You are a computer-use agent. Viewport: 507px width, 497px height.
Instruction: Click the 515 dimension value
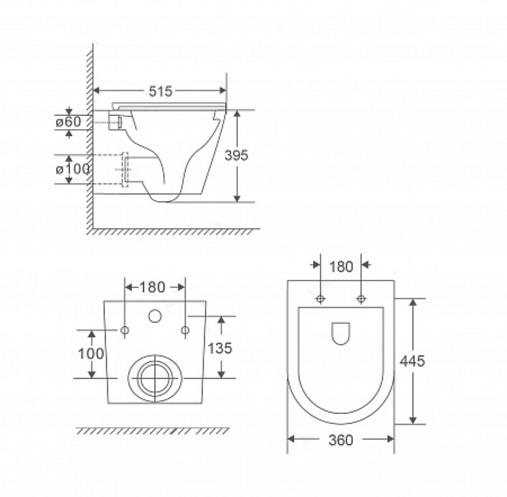pyautogui.click(x=161, y=91)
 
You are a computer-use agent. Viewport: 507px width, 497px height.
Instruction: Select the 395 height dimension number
pyautogui.click(x=236, y=155)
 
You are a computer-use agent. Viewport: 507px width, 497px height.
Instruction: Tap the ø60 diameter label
pyautogui.click(x=68, y=122)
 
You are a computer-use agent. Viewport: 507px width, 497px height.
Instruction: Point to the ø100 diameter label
pyautogui.click(x=73, y=169)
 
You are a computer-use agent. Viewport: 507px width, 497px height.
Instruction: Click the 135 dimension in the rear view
pyautogui.click(x=220, y=348)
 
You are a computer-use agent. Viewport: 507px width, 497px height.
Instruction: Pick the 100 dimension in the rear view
pyautogui.click(x=91, y=354)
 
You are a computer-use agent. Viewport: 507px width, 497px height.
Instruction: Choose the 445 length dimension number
pyautogui.click(x=412, y=361)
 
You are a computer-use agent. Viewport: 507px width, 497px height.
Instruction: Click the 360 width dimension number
pyautogui.click(x=341, y=440)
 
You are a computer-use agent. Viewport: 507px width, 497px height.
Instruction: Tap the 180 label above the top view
pyautogui.click(x=341, y=267)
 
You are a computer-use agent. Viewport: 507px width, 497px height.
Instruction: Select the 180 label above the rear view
pyautogui.click(x=152, y=287)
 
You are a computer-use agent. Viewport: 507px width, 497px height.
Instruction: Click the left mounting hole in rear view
pyautogui.click(x=125, y=330)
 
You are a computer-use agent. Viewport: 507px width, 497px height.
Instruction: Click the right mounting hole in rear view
pyautogui.click(x=185, y=330)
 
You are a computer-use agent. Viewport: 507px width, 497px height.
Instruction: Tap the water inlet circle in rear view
pyautogui.click(x=155, y=316)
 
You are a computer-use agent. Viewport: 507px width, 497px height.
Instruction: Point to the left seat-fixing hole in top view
pyautogui.click(x=320, y=299)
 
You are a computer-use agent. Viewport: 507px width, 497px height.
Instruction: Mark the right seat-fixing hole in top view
pyautogui.click(x=361, y=299)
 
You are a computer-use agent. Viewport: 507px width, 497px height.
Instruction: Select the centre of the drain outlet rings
pyautogui.click(x=156, y=378)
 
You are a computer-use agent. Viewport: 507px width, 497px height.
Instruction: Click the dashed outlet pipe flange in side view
pyautogui.click(x=125, y=170)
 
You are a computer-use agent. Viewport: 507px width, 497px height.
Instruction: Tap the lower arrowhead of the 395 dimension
pyautogui.click(x=237, y=198)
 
